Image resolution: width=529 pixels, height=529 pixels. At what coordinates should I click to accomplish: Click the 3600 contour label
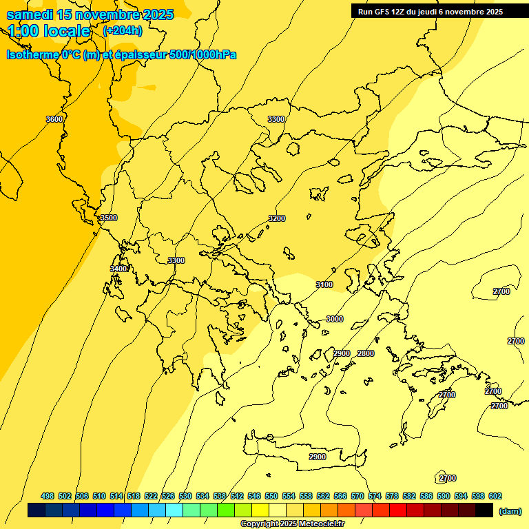pos(54,119)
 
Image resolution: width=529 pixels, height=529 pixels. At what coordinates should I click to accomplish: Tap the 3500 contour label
pos(108,218)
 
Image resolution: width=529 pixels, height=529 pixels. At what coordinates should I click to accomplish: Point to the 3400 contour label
pos(118,269)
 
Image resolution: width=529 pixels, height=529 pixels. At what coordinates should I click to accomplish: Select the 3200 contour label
pos(276,218)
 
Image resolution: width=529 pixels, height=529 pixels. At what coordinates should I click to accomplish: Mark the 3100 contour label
pos(324,284)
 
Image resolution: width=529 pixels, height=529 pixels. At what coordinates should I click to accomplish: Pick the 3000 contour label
pos(334,319)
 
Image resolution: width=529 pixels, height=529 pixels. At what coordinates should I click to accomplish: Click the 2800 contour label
pos(366,353)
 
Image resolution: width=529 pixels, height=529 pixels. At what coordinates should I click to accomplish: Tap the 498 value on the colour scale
pos(48,496)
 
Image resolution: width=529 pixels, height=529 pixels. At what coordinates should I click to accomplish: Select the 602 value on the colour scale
pos(495,496)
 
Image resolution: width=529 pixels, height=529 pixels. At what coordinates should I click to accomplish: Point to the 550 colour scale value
pos(271,496)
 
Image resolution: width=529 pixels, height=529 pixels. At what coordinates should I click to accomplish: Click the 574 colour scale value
pos(375,496)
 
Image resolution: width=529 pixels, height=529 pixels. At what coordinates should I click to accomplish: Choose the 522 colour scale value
pos(151,496)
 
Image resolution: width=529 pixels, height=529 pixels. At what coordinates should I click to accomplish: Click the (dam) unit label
pos(510,510)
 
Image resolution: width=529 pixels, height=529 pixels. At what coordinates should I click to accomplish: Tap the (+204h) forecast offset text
pos(123,30)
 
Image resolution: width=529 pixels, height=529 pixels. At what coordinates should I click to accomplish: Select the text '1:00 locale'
pos(49,31)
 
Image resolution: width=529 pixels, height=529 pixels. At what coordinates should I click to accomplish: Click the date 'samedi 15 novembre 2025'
pos(90,14)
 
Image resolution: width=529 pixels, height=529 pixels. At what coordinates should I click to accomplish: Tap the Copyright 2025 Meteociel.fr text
pos(292,523)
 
